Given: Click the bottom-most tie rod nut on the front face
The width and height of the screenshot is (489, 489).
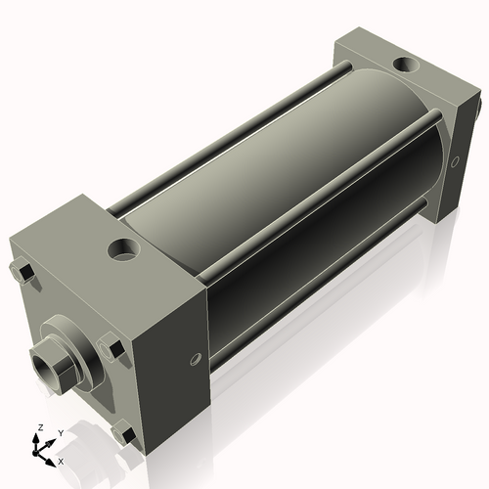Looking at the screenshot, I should [x=124, y=433].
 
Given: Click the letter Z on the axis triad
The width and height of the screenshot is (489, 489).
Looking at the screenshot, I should [x=39, y=428].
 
